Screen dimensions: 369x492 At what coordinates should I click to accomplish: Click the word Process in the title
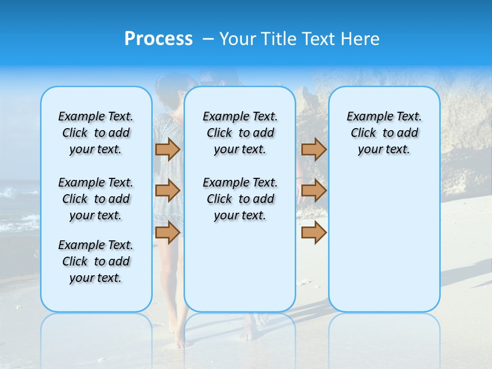pyautogui.click(x=158, y=39)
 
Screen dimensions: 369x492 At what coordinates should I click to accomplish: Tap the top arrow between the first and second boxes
pyautogui.click(x=167, y=149)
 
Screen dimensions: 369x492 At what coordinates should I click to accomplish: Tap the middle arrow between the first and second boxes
pyautogui.click(x=167, y=191)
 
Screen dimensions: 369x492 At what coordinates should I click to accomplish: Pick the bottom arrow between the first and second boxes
pyautogui.click(x=167, y=233)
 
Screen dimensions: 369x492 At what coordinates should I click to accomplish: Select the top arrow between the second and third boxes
pyautogui.click(x=314, y=149)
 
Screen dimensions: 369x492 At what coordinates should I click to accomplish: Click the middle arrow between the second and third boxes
pyautogui.click(x=314, y=191)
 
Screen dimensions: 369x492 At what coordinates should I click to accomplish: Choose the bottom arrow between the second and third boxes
pyautogui.click(x=314, y=233)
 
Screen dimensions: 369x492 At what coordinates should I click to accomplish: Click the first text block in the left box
pyautogui.click(x=96, y=133)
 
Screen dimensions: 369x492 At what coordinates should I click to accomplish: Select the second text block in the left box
pyautogui.click(x=96, y=199)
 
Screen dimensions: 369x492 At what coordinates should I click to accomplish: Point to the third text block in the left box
pyautogui.click(x=96, y=261)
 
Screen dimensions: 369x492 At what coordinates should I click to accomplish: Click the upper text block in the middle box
pyautogui.click(x=240, y=133)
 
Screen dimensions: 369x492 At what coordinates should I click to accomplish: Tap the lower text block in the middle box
pyautogui.click(x=240, y=199)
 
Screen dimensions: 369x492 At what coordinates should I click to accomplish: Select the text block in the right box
pyautogui.click(x=384, y=133)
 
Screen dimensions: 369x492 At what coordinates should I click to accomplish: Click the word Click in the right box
pyautogui.click(x=363, y=133)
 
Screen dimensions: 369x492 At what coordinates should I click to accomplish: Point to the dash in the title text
pyautogui.click(x=208, y=39)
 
